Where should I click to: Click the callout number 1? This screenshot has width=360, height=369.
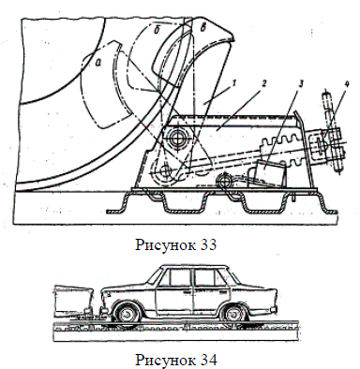pyautogui.click(x=234, y=83)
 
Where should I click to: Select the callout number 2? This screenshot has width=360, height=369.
pyautogui.click(x=264, y=82)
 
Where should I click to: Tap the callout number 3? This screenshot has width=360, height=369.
pyautogui.click(x=300, y=84)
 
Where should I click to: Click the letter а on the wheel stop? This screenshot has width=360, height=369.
pyautogui.click(x=98, y=64)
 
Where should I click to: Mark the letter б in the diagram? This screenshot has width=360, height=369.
pyautogui.click(x=157, y=30)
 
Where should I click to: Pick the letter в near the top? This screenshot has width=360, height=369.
pyautogui.click(x=202, y=28)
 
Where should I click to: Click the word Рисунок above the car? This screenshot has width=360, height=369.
pyautogui.click(x=165, y=246)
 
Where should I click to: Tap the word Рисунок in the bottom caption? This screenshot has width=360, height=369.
pyautogui.click(x=165, y=361)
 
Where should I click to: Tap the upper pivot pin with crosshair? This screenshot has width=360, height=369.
pyautogui.click(x=178, y=139)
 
